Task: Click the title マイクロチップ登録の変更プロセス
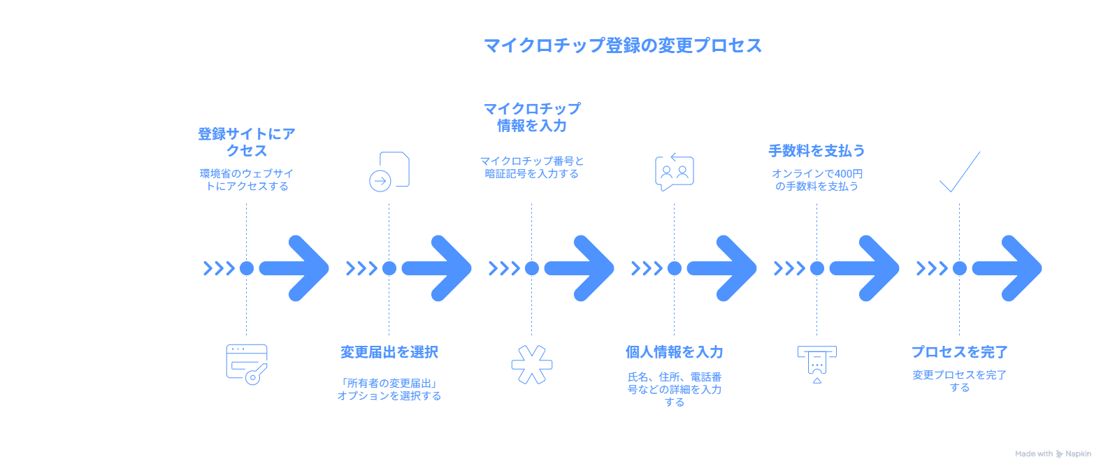(622, 45)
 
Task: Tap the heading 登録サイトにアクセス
(246, 142)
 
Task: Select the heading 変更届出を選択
(389, 352)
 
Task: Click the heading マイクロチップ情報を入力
(531, 117)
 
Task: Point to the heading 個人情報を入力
(674, 352)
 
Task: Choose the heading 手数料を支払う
(816, 150)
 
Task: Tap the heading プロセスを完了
(959, 352)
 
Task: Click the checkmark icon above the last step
(959, 171)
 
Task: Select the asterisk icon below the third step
(531, 364)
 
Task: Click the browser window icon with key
(247, 363)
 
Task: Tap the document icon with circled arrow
(389, 171)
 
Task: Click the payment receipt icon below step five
(816, 363)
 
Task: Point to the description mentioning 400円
(816, 180)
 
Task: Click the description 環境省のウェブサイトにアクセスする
(246, 180)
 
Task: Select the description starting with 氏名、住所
(674, 389)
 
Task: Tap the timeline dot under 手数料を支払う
(816, 268)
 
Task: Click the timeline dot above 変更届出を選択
(389, 268)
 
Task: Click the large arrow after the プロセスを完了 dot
(1008, 268)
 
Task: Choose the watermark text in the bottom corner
(1052, 454)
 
